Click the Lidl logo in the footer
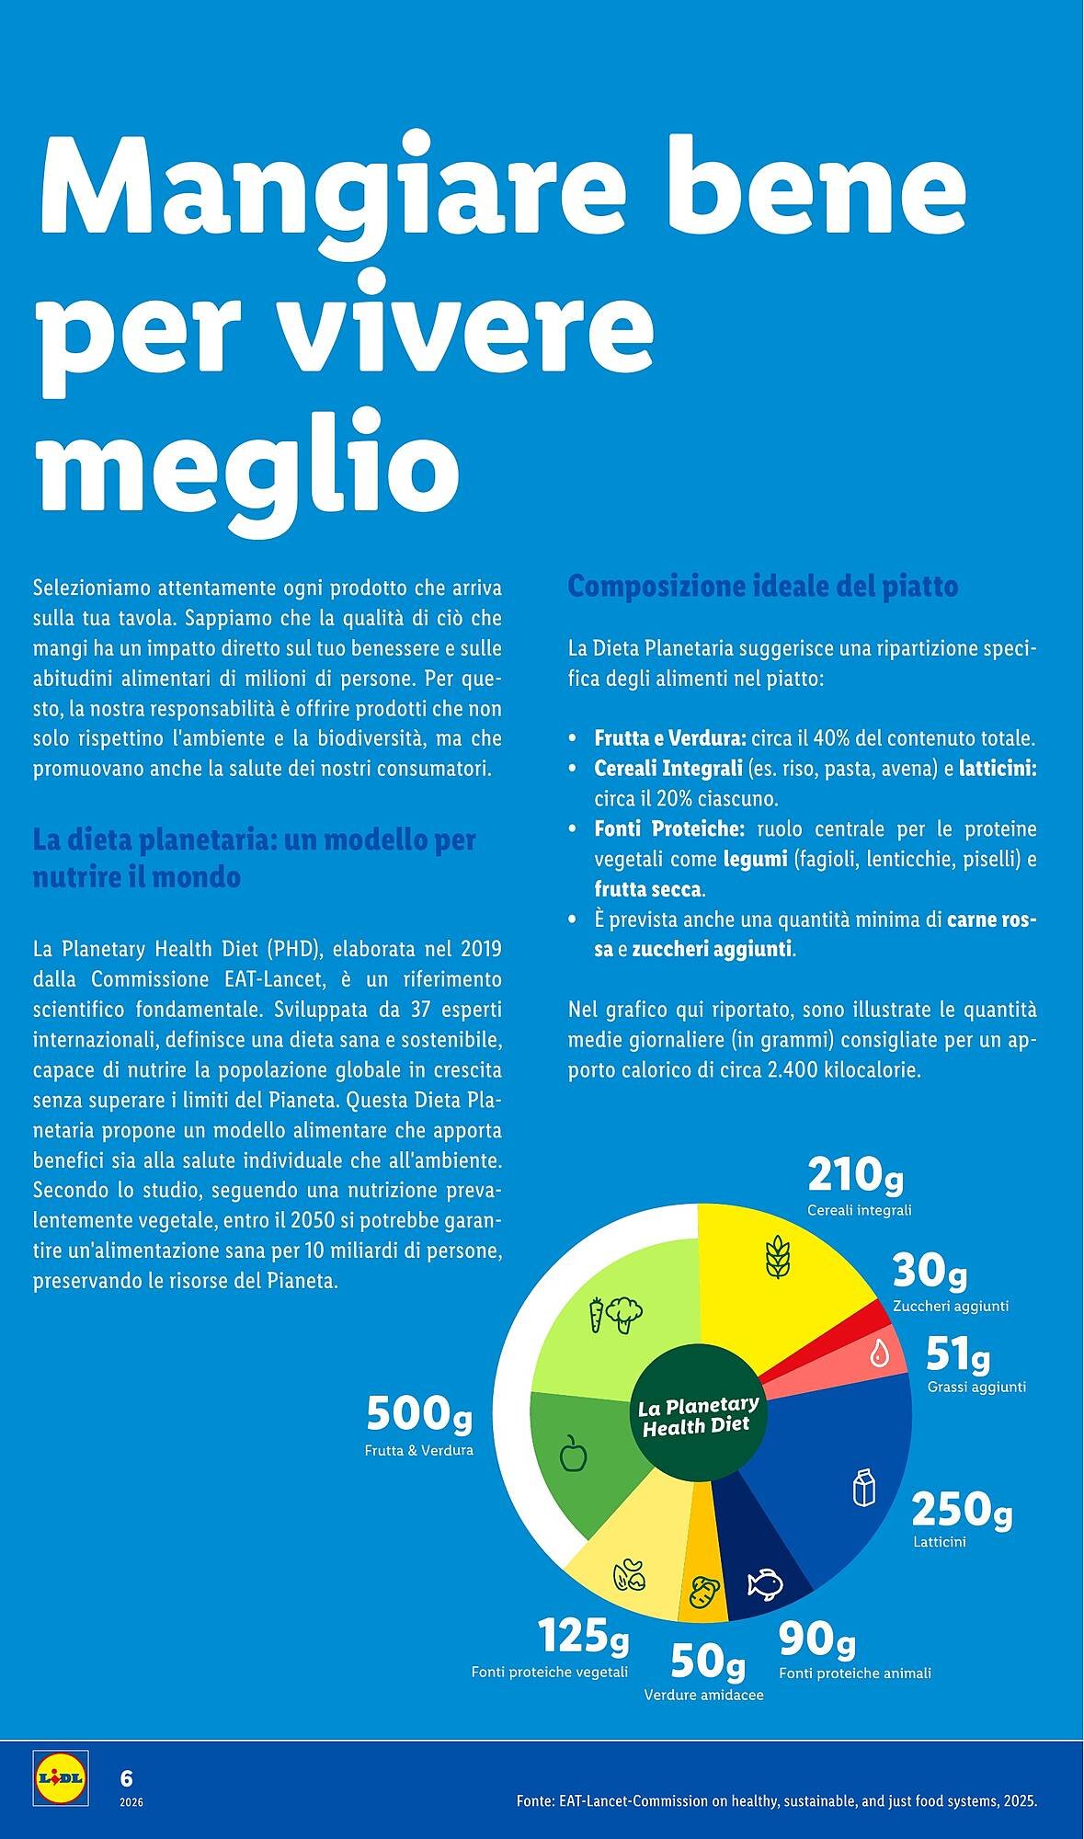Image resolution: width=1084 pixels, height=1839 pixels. point(60,1776)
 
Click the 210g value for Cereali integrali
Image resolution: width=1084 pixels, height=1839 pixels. point(855,1175)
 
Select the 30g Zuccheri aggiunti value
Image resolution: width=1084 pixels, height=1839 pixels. point(930,1272)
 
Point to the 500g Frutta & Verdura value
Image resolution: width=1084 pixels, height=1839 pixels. point(419,1414)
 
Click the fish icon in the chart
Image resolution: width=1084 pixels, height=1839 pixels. point(764,1582)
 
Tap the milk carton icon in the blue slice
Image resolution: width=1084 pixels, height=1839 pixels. point(863,1488)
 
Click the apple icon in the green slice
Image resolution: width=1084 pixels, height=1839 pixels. point(574,1454)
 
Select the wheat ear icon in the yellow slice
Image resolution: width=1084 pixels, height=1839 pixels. point(777,1257)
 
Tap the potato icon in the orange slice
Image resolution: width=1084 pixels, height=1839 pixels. point(704,1592)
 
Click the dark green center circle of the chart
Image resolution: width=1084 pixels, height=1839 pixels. point(697,1416)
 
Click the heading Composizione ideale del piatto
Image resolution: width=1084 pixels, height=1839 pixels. point(762,586)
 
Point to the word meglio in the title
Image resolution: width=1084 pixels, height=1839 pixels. point(248,464)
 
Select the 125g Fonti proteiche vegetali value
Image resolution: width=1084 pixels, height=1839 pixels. point(583,1636)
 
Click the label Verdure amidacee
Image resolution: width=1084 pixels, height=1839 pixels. point(703,1695)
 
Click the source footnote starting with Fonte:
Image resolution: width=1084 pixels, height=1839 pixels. point(776,1801)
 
